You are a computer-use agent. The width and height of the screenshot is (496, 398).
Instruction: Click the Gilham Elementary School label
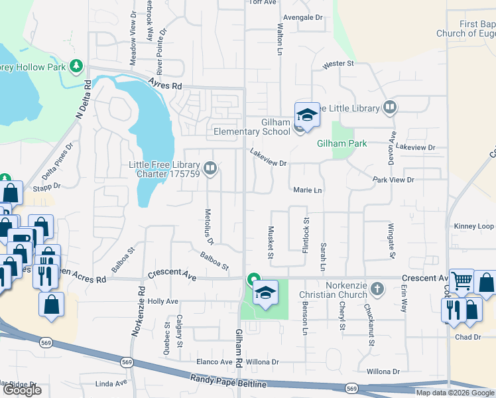[252, 127]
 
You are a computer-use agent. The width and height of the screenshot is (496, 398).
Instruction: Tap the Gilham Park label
[341, 143]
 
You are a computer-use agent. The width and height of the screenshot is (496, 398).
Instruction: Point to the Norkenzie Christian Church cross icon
[377, 289]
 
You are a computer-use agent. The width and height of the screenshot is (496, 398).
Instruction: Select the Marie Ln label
[307, 190]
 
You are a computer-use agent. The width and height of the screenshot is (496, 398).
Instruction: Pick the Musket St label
[271, 241]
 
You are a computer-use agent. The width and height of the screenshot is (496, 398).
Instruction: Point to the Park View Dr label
[393, 180]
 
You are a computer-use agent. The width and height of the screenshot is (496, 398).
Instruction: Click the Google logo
[22, 390]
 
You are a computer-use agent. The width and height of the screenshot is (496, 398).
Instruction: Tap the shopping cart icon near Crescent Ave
[462, 280]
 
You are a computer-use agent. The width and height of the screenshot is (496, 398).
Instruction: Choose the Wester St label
[338, 64]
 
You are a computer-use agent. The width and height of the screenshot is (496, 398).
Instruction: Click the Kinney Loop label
[473, 226]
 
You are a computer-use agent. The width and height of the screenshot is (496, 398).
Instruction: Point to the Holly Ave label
[163, 301]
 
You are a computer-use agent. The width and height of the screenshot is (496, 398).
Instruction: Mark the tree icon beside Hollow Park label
[77, 66]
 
